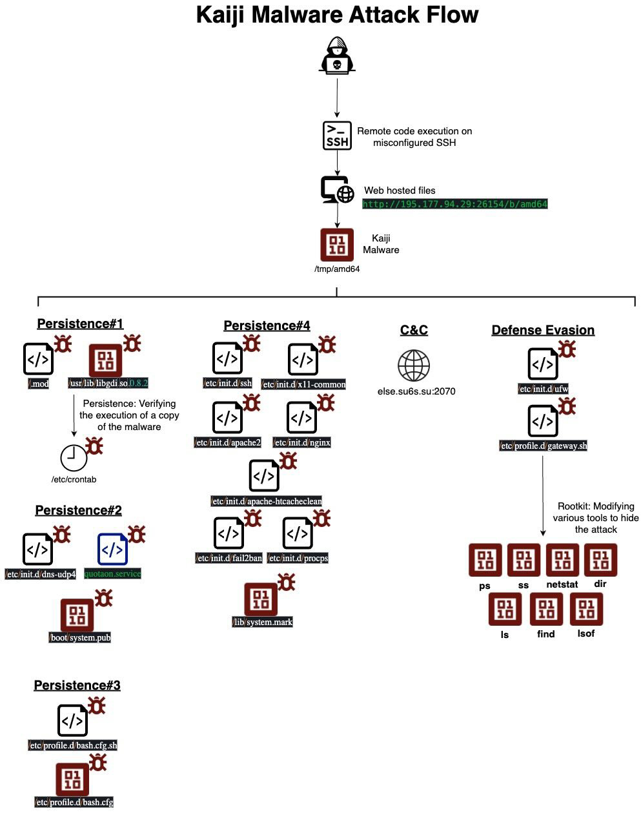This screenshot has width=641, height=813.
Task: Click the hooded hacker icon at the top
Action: tap(336, 56)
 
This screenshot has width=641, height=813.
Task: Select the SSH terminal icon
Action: tap(337, 136)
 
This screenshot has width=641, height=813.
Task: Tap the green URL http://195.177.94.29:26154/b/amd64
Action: tap(454, 204)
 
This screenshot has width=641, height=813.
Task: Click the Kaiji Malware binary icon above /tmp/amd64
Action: tap(337, 245)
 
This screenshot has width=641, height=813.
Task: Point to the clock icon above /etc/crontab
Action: tap(74, 458)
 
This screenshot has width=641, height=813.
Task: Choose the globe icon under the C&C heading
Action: tap(414, 365)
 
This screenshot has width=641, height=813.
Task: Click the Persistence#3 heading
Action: tap(77, 685)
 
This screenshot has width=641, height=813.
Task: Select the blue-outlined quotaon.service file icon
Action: tap(112, 549)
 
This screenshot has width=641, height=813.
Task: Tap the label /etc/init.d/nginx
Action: tap(302, 443)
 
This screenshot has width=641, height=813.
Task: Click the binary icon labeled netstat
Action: tap(562, 559)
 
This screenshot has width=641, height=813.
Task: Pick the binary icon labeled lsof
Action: tap(586, 609)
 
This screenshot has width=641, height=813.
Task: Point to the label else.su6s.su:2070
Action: tap(416, 391)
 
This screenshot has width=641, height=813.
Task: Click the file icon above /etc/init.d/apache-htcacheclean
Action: tap(264, 476)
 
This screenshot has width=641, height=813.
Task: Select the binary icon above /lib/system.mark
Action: tap(261, 599)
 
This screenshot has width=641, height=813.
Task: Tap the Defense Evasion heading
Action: tap(543, 330)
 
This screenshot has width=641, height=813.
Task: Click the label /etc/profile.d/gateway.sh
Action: tap(544, 446)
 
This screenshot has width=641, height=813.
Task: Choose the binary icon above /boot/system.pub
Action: tap(77, 615)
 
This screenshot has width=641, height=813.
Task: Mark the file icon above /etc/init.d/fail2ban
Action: tap(229, 533)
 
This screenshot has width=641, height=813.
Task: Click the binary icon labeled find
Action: tap(546, 609)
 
